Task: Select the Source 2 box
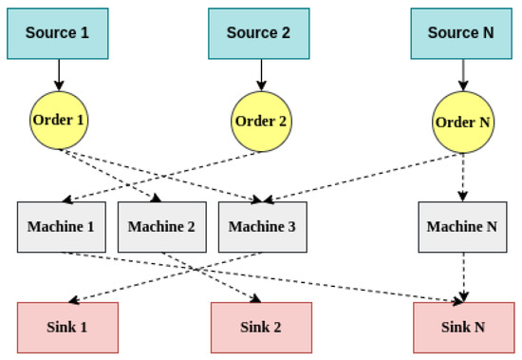pos(258,31)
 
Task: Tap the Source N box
pos(461,31)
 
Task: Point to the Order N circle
pos(461,123)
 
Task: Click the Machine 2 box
pos(160,226)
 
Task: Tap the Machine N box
pos(461,226)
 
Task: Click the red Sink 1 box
pos(66,328)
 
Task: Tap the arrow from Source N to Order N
pos(461,74)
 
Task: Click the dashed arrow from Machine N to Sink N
pos(461,275)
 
